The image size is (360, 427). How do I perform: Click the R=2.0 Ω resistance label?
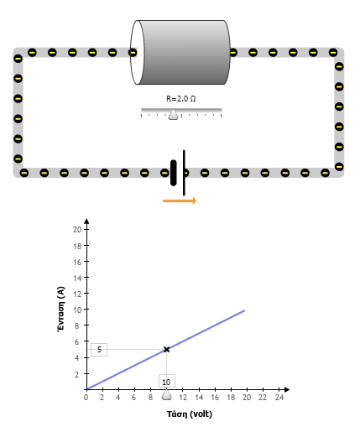(x=181, y=99)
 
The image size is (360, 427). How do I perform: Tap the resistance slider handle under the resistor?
(x=173, y=115)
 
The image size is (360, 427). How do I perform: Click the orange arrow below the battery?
(x=180, y=200)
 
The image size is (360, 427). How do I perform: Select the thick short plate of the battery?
(x=174, y=173)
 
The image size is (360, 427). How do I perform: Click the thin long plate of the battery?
(x=184, y=173)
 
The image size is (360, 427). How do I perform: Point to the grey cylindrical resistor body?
(x=184, y=52)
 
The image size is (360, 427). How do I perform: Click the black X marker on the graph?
(x=167, y=349)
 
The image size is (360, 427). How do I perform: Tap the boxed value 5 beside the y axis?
(x=99, y=350)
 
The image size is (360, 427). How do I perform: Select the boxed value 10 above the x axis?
(x=167, y=382)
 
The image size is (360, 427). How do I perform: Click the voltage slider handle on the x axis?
(x=167, y=394)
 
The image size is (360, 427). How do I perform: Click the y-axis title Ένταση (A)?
(x=61, y=310)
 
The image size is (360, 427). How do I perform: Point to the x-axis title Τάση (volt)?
(x=190, y=414)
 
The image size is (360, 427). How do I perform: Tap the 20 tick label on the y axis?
(x=77, y=230)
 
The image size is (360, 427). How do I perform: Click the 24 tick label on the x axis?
(x=279, y=398)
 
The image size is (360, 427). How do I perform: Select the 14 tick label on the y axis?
(x=77, y=278)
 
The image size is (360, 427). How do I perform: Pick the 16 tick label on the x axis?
(x=215, y=398)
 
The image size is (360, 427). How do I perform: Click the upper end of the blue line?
(x=245, y=310)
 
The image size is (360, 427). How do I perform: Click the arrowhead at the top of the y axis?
(x=86, y=221)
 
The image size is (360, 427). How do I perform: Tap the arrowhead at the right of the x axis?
(x=287, y=389)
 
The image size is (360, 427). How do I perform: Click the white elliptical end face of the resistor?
(x=138, y=52)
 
